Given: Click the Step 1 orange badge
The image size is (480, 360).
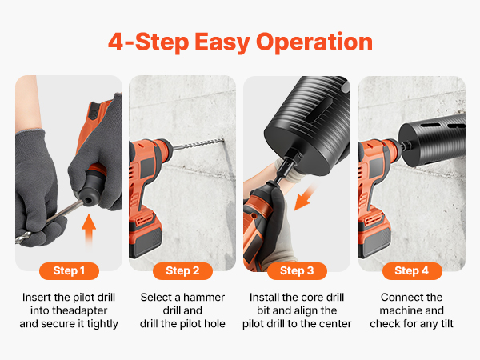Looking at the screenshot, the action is pyautogui.click(x=69, y=271).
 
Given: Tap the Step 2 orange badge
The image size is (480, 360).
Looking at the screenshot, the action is pyautogui.click(x=182, y=271).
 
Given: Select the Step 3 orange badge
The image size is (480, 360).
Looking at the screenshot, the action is pyautogui.click(x=297, y=271).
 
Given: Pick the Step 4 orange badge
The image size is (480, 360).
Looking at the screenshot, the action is pyautogui.click(x=412, y=271).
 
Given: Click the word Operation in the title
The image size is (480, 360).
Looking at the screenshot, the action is pyautogui.click(x=314, y=42).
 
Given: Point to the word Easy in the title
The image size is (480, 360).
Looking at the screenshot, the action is pyautogui.click(x=222, y=42).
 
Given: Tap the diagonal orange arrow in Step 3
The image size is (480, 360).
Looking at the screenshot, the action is pyautogui.click(x=304, y=197).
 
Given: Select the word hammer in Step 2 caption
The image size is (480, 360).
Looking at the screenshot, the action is pyautogui.click(x=204, y=298).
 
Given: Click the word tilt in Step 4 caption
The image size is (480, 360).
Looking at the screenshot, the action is pyautogui.click(x=445, y=323).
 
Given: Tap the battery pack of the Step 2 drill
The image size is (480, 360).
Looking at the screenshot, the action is pyautogui.click(x=145, y=235).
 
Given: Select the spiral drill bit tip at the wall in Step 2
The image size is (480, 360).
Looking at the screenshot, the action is pyautogui.click(x=222, y=141).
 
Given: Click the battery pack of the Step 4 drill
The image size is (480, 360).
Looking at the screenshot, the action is pyautogui.click(x=374, y=235).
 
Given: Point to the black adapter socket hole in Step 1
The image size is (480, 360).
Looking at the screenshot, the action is pyautogui.click(x=89, y=201).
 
